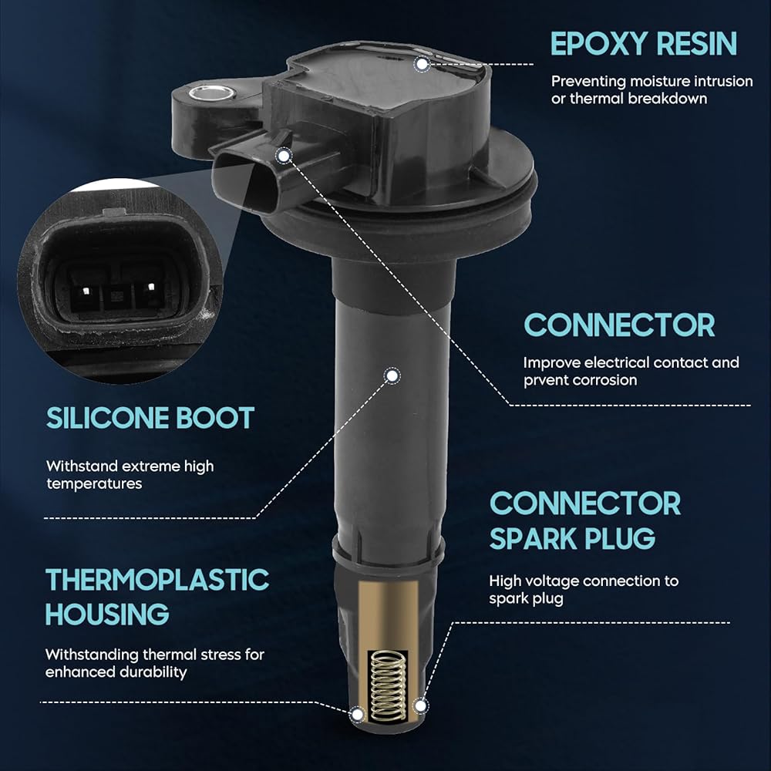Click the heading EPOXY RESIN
[644, 44]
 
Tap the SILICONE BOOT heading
[150, 418]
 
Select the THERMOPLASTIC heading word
[157, 580]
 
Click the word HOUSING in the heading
[107, 614]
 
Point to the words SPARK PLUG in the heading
[572, 538]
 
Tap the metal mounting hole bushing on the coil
[213, 92]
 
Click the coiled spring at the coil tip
[389, 686]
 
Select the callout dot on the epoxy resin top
[422, 64]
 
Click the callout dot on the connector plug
[284, 156]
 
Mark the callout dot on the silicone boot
[392, 376]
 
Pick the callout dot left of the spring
[358, 714]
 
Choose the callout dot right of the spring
[420, 706]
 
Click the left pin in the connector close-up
[86, 291]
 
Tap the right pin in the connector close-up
[151, 286]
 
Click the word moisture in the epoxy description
[659, 81]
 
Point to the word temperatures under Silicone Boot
[94, 484]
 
